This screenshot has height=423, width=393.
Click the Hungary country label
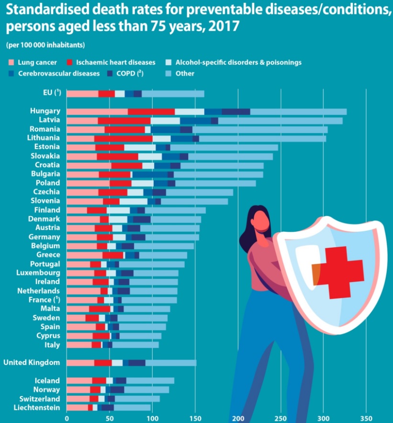coord(45,111)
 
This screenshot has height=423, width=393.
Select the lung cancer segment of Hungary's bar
coord(97,112)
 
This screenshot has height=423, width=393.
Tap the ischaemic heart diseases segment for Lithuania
coord(124,138)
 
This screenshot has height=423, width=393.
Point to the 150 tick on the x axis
coord(195,418)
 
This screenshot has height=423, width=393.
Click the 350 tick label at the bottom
coord(366,418)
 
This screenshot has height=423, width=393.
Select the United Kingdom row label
coord(32,363)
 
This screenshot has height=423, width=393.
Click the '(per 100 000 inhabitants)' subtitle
coord(45,46)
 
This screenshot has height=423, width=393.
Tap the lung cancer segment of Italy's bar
coord(79,345)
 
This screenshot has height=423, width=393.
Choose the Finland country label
coord(47,210)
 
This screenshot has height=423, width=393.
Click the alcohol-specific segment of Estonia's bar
coord(140,147)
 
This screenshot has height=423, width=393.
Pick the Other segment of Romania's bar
coord(260,129)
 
